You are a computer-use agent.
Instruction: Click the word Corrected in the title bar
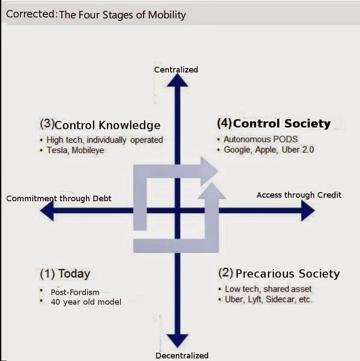point(30,14)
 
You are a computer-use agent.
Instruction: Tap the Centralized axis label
point(176,69)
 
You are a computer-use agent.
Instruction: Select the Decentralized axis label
point(182,355)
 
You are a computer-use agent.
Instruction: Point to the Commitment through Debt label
point(59,199)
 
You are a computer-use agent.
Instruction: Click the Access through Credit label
point(299,195)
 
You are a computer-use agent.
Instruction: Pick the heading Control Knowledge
point(107,125)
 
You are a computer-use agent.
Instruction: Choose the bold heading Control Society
point(282,124)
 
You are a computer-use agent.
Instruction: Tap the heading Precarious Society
point(288,274)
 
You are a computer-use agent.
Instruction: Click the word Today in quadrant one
point(74,274)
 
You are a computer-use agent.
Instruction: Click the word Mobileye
point(88,150)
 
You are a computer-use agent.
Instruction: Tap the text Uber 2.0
point(298,150)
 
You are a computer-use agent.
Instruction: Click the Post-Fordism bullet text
point(75,292)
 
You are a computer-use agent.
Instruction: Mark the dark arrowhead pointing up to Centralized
point(177,80)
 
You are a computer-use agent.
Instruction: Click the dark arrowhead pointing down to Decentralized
point(177,341)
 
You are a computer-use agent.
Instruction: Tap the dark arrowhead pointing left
point(47,210)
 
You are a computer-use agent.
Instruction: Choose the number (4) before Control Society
point(224,123)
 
